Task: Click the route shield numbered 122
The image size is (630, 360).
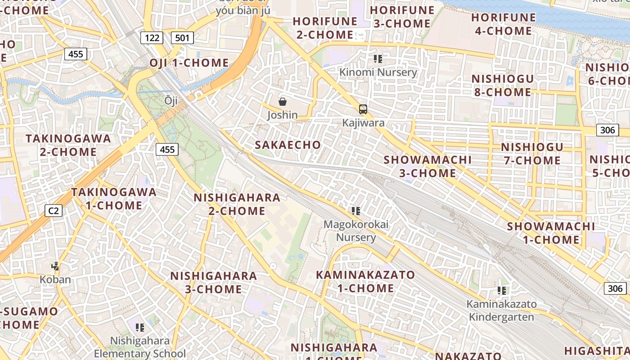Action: click(152, 37)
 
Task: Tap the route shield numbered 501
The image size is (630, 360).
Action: click(182, 37)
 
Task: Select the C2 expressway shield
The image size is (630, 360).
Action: click(54, 210)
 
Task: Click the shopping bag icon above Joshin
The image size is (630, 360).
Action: click(283, 102)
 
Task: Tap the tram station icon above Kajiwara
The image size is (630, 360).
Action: click(363, 109)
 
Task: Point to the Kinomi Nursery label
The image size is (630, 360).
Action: click(378, 72)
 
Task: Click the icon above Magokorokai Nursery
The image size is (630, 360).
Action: click(356, 211)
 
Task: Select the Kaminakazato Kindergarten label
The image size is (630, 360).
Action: click(501, 310)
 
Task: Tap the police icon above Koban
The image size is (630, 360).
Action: click(55, 266)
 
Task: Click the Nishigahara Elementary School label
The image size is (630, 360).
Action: click(139, 347)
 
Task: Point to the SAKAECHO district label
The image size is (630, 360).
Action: click(288, 145)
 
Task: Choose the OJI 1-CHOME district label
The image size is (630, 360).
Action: click(189, 63)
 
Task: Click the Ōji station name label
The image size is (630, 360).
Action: click(171, 100)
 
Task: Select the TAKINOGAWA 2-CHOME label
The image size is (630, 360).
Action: click(68, 145)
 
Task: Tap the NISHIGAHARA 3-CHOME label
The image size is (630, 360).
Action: click(213, 282)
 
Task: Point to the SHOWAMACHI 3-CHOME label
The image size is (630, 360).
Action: click(427, 166)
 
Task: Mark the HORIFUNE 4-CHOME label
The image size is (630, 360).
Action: click(504, 24)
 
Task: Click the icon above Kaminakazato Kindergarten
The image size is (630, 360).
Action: click(502, 291)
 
